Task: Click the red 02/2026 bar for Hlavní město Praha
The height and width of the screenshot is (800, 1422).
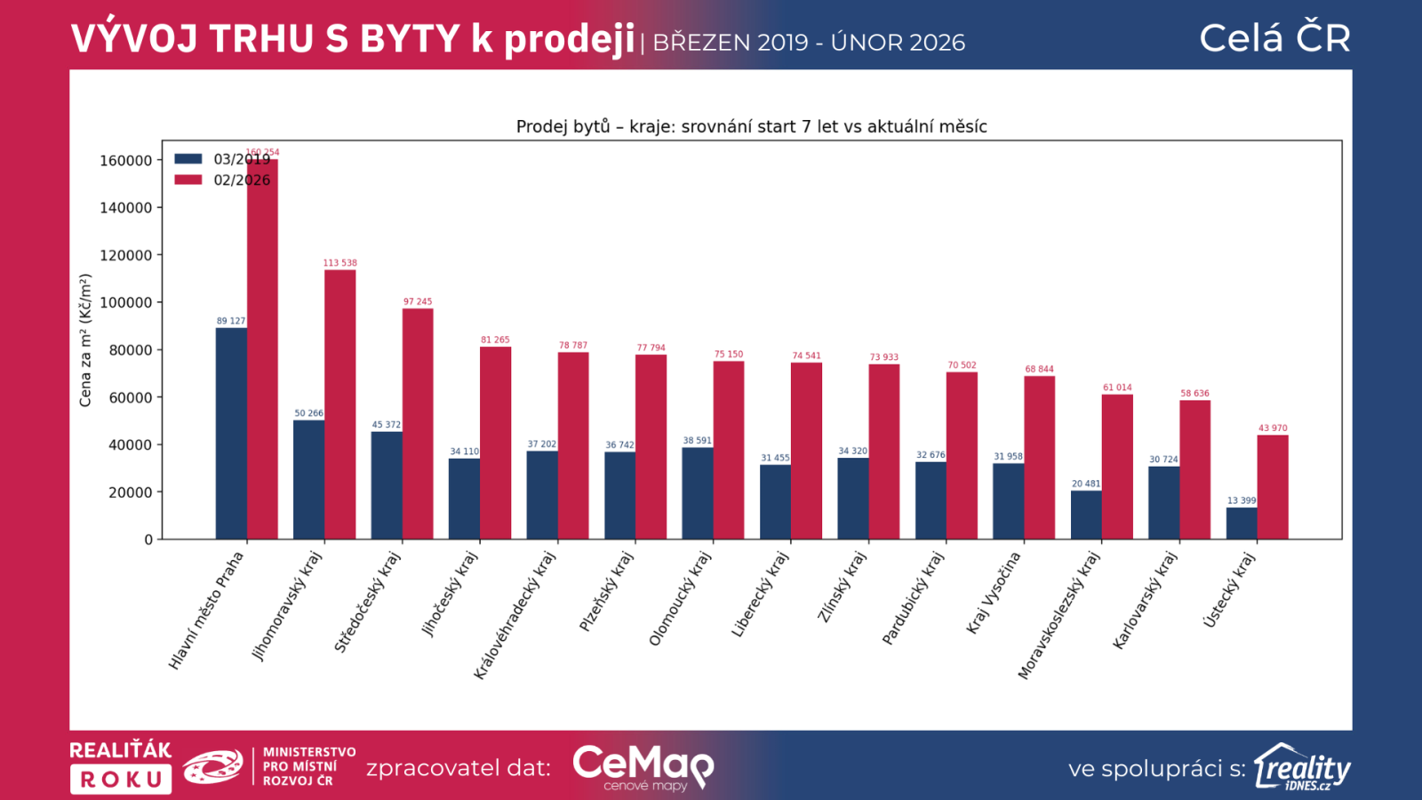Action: [x=262, y=356]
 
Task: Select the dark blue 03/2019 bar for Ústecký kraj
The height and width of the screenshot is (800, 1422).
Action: [x=1241, y=524]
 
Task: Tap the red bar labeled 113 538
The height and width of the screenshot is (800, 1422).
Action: [x=340, y=404]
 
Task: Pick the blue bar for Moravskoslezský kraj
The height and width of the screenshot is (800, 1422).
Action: [x=1085, y=515]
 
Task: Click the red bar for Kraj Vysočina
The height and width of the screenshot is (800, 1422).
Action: [x=1039, y=458]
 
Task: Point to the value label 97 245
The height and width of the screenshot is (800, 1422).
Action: [x=418, y=302]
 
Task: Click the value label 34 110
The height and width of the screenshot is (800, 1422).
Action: [x=464, y=452]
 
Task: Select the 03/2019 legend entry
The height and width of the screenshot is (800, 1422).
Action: [x=222, y=159]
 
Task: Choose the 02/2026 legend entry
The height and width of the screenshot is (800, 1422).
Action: [x=222, y=180]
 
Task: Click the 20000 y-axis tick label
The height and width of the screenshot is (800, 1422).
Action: [x=130, y=492]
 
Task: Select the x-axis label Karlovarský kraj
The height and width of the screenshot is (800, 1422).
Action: [x=1145, y=600]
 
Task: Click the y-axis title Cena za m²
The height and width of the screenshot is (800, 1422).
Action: [x=85, y=340]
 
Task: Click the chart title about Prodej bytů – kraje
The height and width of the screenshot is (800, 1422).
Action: [x=751, y=126]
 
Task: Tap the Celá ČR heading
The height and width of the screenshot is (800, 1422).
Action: [x=1274, y=38]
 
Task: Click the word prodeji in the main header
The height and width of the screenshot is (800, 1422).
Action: [x=570, y=39]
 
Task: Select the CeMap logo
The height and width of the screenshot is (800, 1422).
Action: [x=643, y=766]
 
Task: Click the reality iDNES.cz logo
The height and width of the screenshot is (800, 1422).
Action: [x=1302, y=767]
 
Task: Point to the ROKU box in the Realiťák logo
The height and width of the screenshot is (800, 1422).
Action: [x=121, y=780]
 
